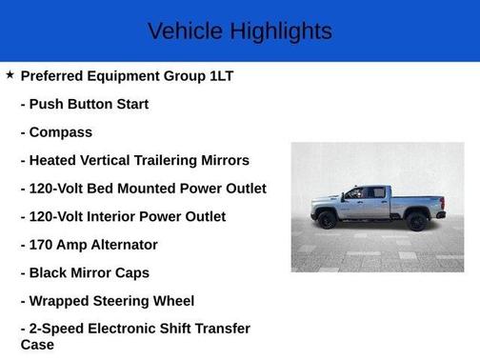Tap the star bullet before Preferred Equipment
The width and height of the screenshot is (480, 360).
point(10,74)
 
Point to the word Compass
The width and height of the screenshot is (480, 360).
point(61,132)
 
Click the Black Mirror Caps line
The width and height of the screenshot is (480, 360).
point(85,272)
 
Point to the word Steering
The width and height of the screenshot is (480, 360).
point(116,301)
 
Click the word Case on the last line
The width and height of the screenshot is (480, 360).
point(37,345)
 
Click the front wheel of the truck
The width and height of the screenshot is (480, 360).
point(328,221)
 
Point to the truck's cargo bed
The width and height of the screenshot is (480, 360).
point(413,202)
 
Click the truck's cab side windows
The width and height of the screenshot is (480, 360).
point(367,193)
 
